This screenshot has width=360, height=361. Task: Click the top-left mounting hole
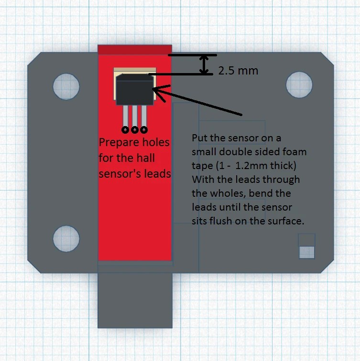point(66,87)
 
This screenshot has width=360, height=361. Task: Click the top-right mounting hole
point(299,85)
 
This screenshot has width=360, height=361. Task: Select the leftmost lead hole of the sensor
point(125,129)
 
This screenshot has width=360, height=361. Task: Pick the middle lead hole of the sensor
point(134,129)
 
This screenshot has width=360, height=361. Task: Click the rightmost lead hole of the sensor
point(143,129)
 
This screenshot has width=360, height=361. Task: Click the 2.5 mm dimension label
point(238,71)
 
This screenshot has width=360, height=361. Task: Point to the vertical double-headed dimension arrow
point(205,64)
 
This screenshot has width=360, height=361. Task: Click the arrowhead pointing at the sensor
point(158,89)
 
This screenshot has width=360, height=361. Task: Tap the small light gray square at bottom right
point(306,251)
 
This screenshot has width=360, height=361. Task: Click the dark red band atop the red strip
point(134,50)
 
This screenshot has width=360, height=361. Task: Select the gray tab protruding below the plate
point(135,300)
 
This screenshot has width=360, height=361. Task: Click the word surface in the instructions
point(287,222)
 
